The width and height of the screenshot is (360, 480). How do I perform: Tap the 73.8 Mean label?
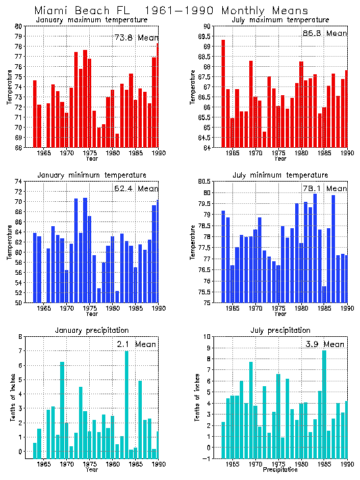pyautogui.click(x=135, y=38)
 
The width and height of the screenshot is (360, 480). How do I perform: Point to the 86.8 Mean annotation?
pyautogui.click(x=324, y=32)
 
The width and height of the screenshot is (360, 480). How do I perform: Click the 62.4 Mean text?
pyautogui.click(x=135, y=188)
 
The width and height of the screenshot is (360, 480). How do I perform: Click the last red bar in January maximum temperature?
pyautogui.click(x=158, y=95)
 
